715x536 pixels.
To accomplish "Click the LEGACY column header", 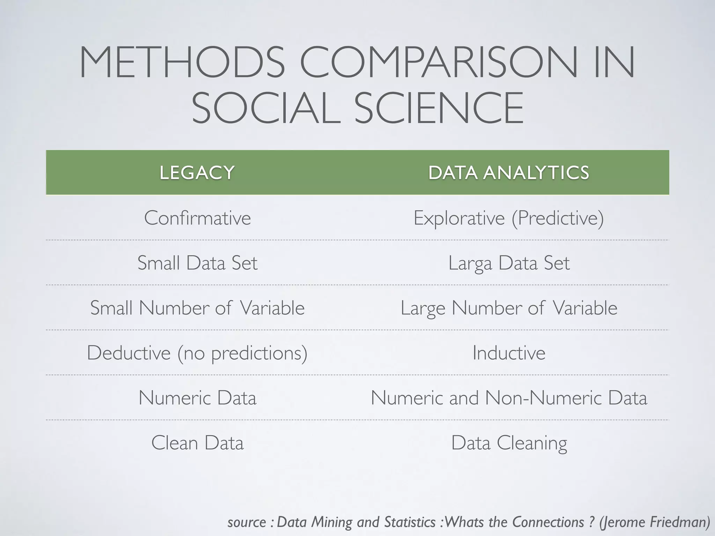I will tap(197, 173).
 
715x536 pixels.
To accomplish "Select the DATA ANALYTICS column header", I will tap(509, 173).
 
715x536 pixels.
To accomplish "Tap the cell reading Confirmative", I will tap(197, 218).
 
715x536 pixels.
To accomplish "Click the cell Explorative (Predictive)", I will tap(509, 218).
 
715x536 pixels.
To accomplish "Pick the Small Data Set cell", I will tap(197, 263).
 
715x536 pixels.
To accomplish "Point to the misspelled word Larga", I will tap(470, 263).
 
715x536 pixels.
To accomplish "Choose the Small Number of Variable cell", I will tap(197, 308).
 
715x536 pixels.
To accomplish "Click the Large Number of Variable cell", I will tap(509, 308).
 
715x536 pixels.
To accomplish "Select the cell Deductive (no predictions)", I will tap(197, 353).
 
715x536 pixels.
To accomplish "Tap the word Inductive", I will tap(509, 353).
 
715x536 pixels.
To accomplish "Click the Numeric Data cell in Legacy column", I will tap(197, 398).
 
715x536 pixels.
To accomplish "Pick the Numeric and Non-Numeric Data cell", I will tap(509, 398).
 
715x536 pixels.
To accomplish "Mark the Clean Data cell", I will tap(197, 443).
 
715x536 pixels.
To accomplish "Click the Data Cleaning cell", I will tap(509, 443).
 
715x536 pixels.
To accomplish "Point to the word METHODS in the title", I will tap(182, 62).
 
